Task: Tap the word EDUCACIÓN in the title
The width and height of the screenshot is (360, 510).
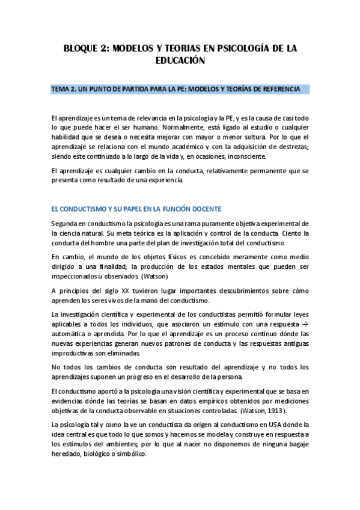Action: [x=180, y=61]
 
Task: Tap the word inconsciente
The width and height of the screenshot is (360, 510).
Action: [x=226, y=156]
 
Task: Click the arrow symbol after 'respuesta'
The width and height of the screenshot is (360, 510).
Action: [x=305, y=324]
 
